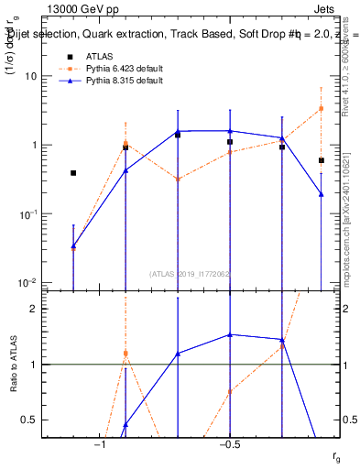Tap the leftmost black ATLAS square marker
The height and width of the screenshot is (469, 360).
click(73, 172)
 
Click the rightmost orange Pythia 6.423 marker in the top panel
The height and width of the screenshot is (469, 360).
click(322, 108)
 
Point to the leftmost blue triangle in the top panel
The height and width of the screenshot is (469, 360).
click(73, 245)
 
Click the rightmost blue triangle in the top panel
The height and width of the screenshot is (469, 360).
click(322, 193)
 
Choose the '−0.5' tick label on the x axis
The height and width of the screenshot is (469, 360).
click(229, 444)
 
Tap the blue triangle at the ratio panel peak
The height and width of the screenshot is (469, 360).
click(230, 334)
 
